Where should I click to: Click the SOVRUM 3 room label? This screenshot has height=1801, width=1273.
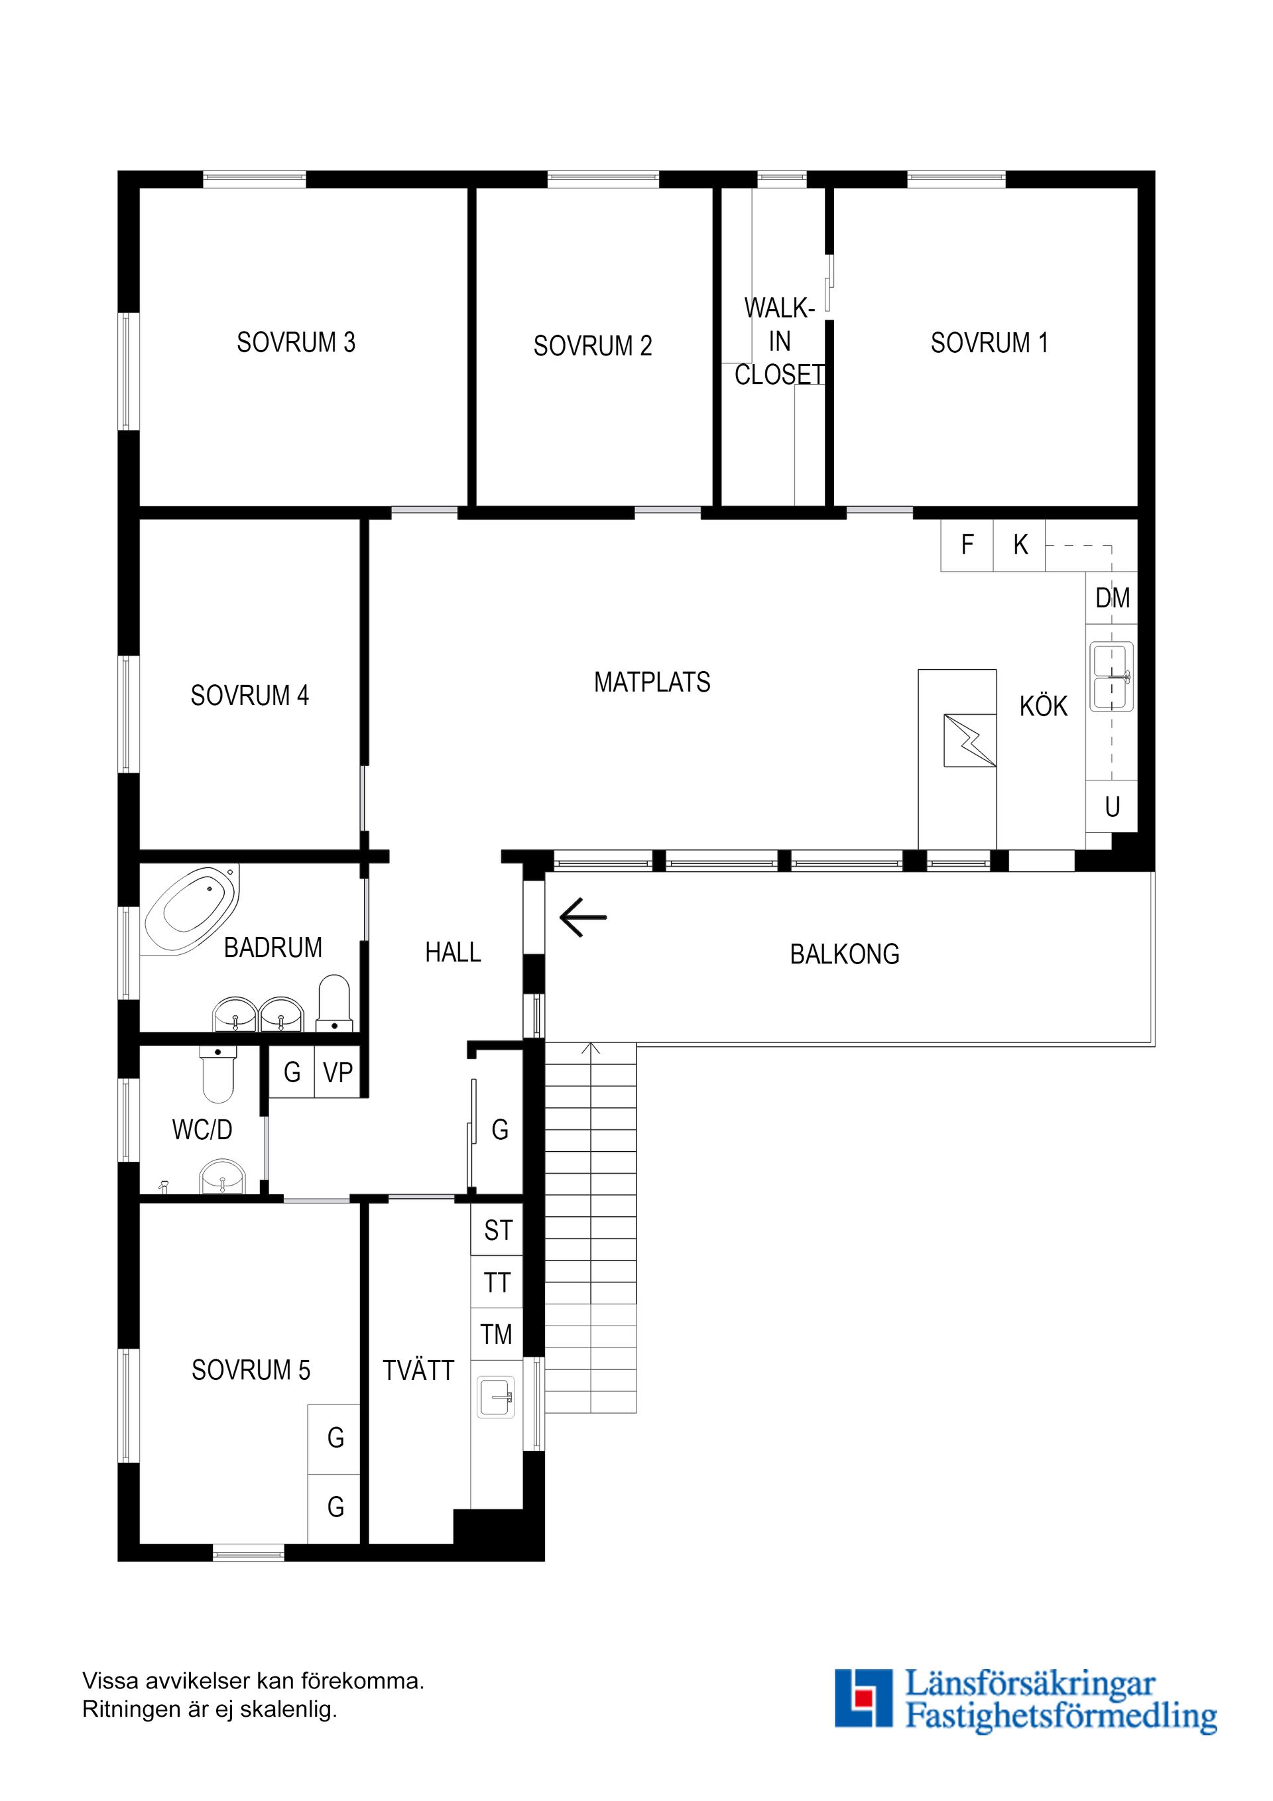[x=296, y=342]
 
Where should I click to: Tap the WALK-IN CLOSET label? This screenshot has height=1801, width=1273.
[x=779, y=342]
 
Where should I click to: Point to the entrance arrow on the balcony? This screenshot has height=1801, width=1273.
[x=583, y=917]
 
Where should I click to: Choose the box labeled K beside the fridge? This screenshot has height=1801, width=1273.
[x=1019, y=544]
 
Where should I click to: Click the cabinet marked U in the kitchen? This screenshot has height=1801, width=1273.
[x=1111, y=806]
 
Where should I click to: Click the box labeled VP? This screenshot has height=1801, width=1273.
[x=337, y=1072]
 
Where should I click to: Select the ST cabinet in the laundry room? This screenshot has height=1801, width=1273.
[x=497, y=1230]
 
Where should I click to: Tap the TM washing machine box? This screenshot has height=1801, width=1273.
[x=497, y=1334]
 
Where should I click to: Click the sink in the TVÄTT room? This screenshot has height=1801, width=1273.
[x=497, y=1397]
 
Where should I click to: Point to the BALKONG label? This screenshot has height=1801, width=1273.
[x=844, y=954]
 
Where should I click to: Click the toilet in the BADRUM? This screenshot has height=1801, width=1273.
[x=335, y=1004]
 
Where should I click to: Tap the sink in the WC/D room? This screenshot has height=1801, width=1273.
[x=223, y=1178]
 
